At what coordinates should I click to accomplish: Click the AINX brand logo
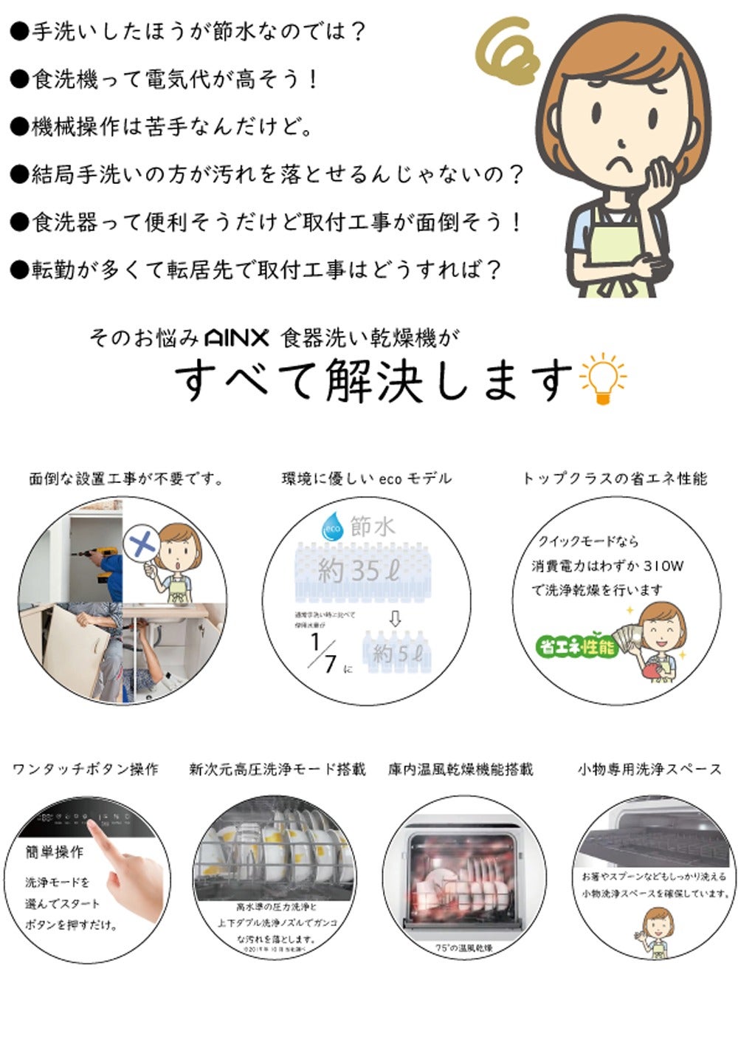point(236,338)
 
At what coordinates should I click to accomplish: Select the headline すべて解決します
point(373,381)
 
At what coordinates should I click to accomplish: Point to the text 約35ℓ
point(359,571)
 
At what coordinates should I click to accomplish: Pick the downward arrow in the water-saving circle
point(395,619)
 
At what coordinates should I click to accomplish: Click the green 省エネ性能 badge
point(576,648)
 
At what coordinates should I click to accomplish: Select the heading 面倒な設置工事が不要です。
point(126,479)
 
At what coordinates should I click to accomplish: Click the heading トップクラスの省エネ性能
point(614,479)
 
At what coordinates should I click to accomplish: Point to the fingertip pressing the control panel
point(91,821)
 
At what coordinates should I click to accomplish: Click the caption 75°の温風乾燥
point(464,948)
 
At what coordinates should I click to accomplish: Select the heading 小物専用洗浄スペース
point(649,770)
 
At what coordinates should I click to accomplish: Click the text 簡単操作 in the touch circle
point(55,852)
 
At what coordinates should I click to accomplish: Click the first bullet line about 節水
point(189,32)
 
